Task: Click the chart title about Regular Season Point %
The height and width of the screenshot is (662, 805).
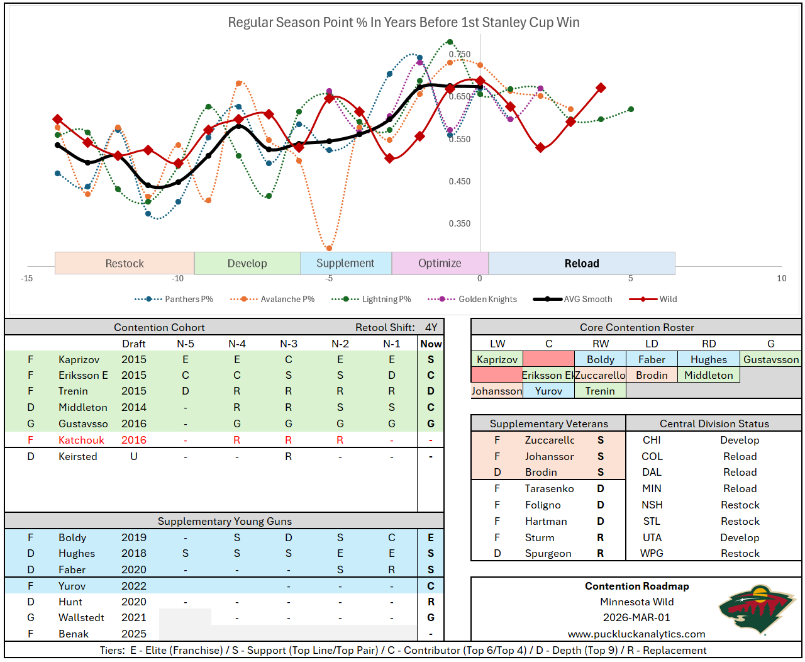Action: pos(403,23)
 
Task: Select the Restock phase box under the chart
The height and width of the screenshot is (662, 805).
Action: pos(125,264)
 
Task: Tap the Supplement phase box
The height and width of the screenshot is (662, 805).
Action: pos(345,264)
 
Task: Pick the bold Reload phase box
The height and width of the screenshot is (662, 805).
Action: pos(582,264)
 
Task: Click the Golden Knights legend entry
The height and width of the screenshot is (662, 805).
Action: pos(487,300)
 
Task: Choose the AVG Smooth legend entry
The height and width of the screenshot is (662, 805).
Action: pos(587,300)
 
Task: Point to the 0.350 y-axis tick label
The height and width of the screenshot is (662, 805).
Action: pos(460,223)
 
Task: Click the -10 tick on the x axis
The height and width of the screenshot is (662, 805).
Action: pos(178,278)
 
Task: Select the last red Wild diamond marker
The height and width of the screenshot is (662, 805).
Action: pos(601,88)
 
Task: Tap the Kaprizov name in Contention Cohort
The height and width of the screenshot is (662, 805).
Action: pos(79,360)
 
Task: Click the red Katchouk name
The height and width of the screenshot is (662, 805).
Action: pos(81,440)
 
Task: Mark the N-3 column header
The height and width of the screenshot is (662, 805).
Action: pos(289,344)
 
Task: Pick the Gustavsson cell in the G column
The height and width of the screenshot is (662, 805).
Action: pos(771,360)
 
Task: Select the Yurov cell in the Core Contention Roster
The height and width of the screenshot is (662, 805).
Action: pos(548,391)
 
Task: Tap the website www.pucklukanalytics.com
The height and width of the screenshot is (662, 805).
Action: pos(636,634)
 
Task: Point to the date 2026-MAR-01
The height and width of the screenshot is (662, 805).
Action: pos(636,618)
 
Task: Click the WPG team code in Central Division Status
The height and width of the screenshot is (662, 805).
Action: pos(652,554)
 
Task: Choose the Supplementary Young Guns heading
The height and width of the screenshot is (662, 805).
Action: pos(225,522)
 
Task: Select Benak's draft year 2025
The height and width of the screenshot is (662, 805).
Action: pos(134,634)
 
